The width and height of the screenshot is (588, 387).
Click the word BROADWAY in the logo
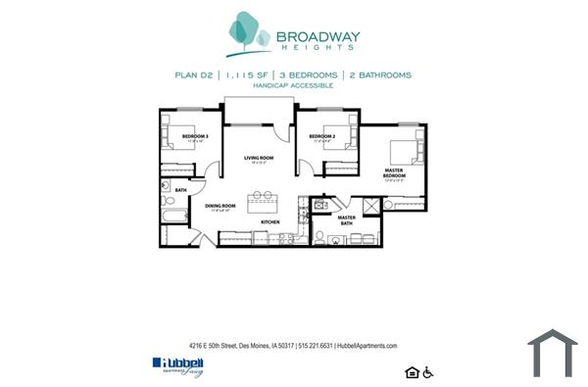318,38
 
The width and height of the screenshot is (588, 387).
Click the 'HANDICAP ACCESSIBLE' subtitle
293,85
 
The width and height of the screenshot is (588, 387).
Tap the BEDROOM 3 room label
194,136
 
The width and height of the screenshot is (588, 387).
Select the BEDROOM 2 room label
321,136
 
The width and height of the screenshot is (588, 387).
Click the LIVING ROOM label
259,158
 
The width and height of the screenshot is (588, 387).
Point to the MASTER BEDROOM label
393,172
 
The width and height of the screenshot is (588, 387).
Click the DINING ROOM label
220,206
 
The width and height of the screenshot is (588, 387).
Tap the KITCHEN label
270,222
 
